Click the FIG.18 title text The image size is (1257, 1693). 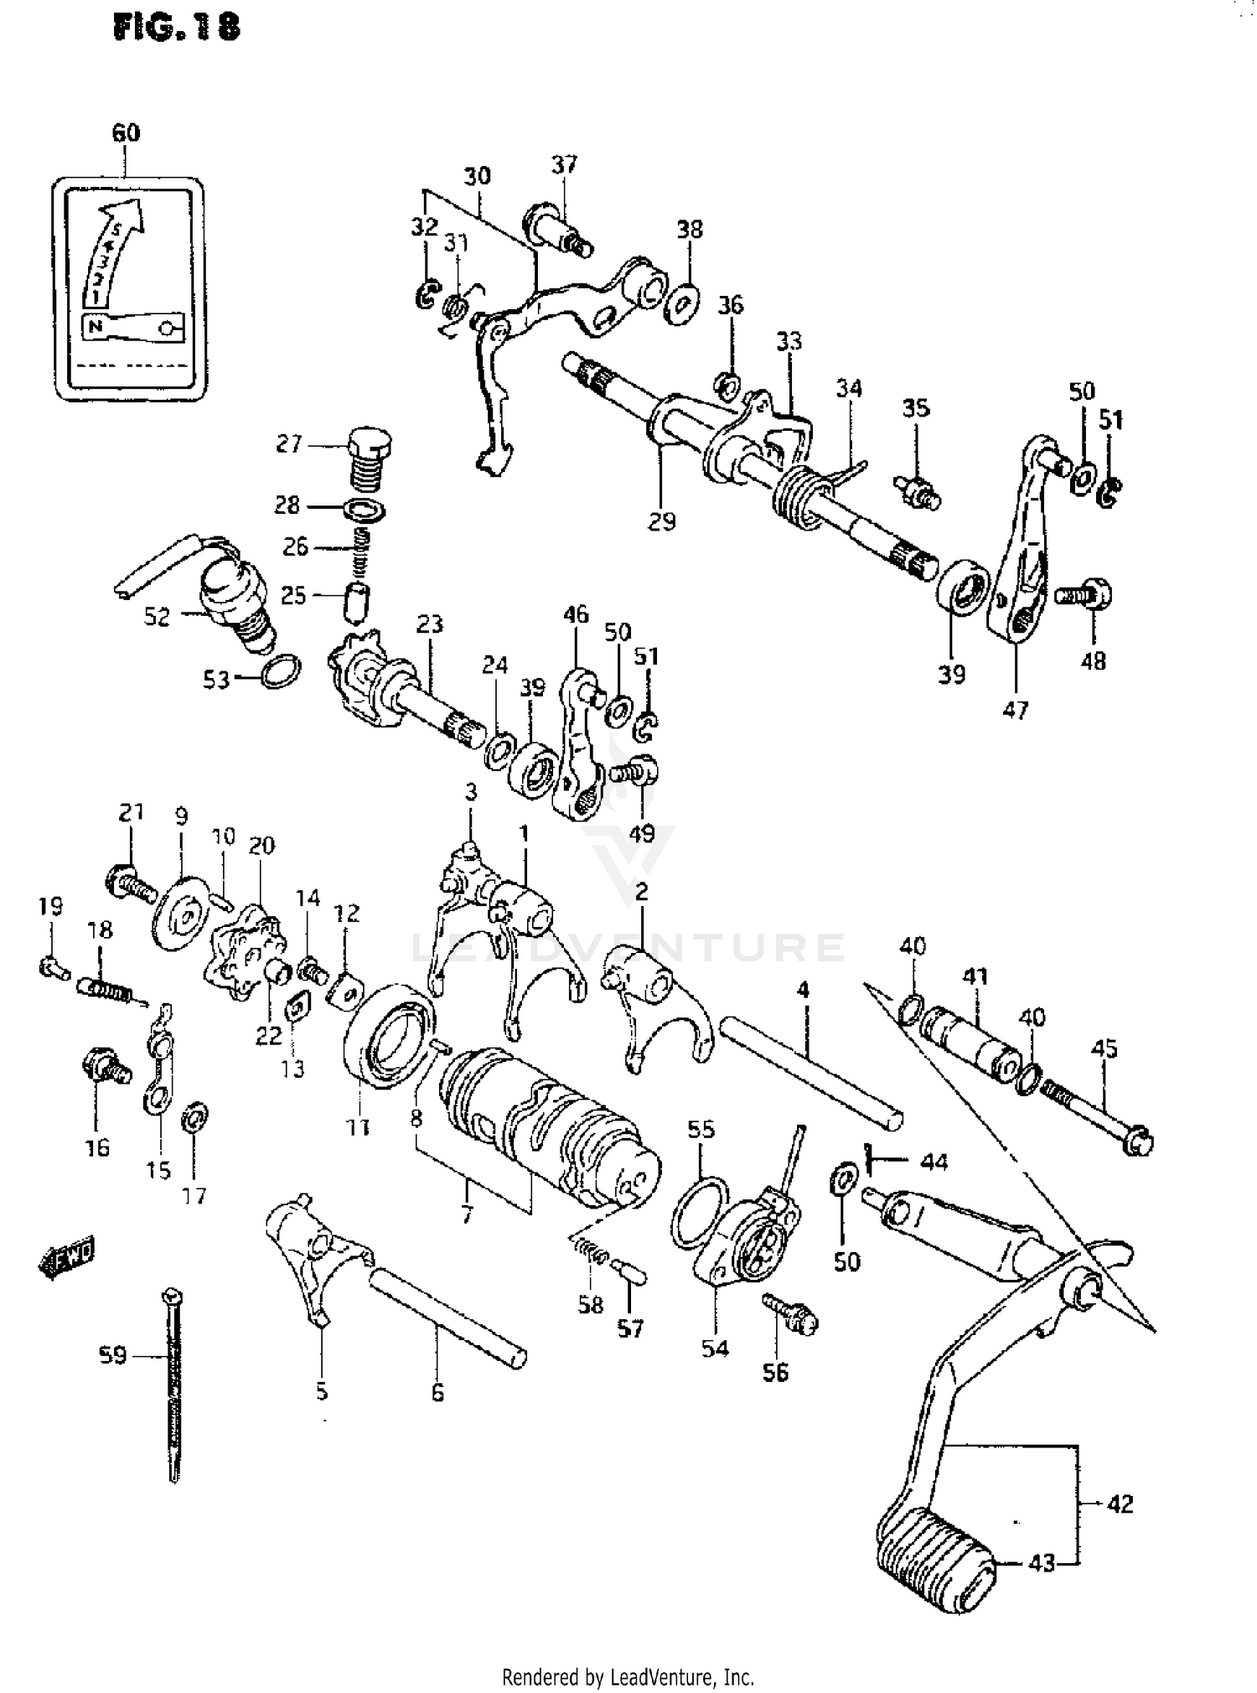click(x=177, y=26)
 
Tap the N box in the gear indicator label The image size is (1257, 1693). click(x=96, y=326)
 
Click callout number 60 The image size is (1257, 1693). click(x=126, y=132)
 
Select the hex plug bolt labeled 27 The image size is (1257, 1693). click(x=370, y=458)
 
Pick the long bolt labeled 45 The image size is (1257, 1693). click(x=1098, y=1114)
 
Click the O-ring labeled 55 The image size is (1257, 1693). click(x=699, y=1211)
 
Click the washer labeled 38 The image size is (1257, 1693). click(x=683, y=302)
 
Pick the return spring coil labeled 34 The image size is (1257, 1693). click(x=794, y=495)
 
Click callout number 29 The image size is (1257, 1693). click(x=661, y=521)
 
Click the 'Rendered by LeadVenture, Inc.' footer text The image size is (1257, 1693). click(x=628, y=1677)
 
